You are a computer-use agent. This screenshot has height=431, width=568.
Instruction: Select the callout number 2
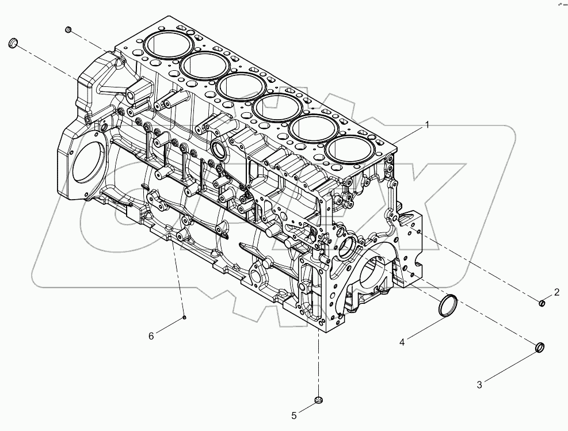(x=556, y=292)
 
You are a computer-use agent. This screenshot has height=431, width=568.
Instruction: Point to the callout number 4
(x=403, y=342)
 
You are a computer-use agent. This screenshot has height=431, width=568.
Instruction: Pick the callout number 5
(x=294, y=414)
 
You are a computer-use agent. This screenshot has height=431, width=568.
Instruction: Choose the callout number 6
(x=151, y=336)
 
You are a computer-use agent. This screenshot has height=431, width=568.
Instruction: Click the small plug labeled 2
(x=542, y=303)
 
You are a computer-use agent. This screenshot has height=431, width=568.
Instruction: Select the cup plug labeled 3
(x=540, y=347)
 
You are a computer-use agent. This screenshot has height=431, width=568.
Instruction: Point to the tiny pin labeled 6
(x=184, y=316)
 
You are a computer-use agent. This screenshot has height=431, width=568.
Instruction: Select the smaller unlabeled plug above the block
(x=68, y=29)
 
